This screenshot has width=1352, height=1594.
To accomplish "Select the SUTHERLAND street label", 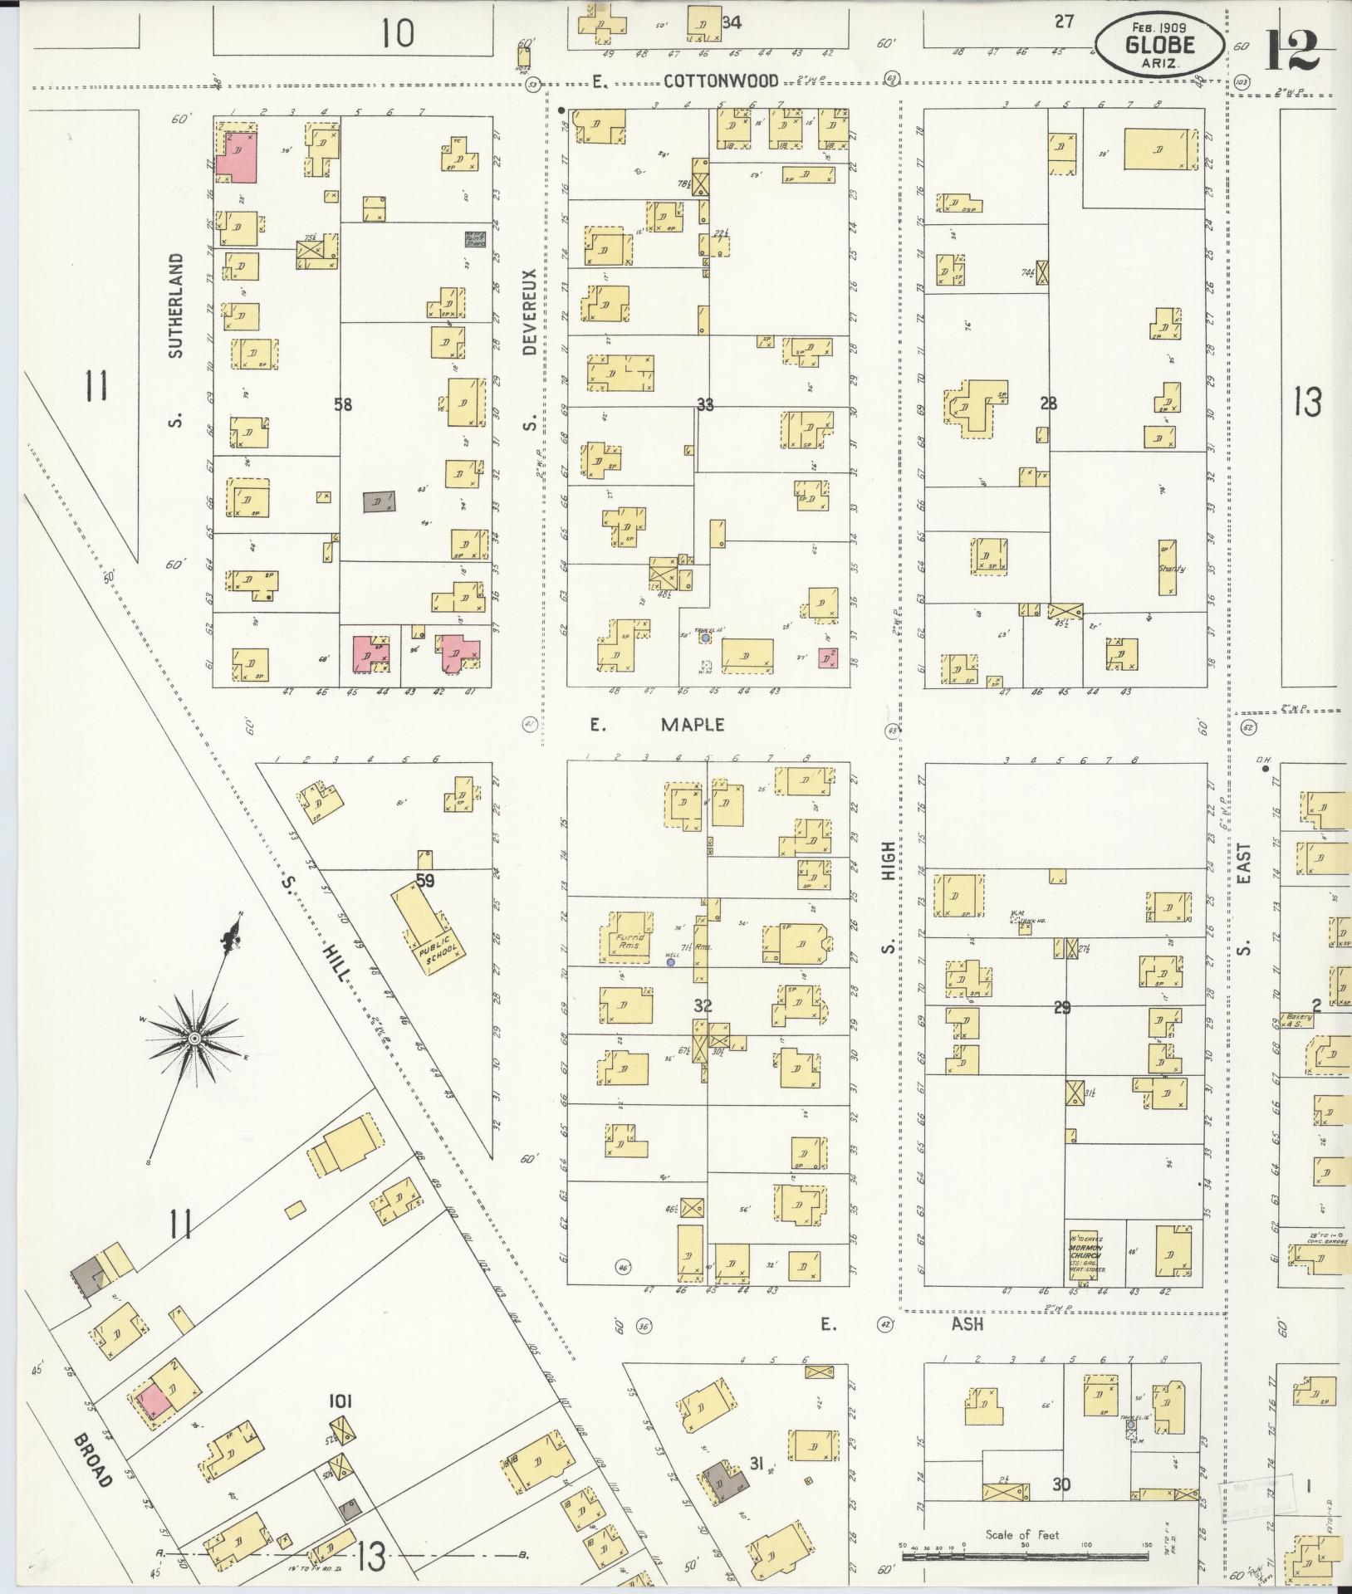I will coord(174,306).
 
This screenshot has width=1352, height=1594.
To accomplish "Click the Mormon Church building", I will coord(1085,1255).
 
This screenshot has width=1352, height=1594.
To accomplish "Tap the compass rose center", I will coord(193,1038).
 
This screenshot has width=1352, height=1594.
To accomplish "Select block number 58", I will coord(342,405).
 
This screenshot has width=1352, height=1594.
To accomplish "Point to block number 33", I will coord(705,405).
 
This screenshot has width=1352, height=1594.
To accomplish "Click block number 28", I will coord(1048,404).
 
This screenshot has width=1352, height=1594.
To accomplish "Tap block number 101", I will coord(340,1401).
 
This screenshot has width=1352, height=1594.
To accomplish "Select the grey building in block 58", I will coord(379,501).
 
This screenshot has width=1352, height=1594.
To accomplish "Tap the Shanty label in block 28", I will coord(1171,569).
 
